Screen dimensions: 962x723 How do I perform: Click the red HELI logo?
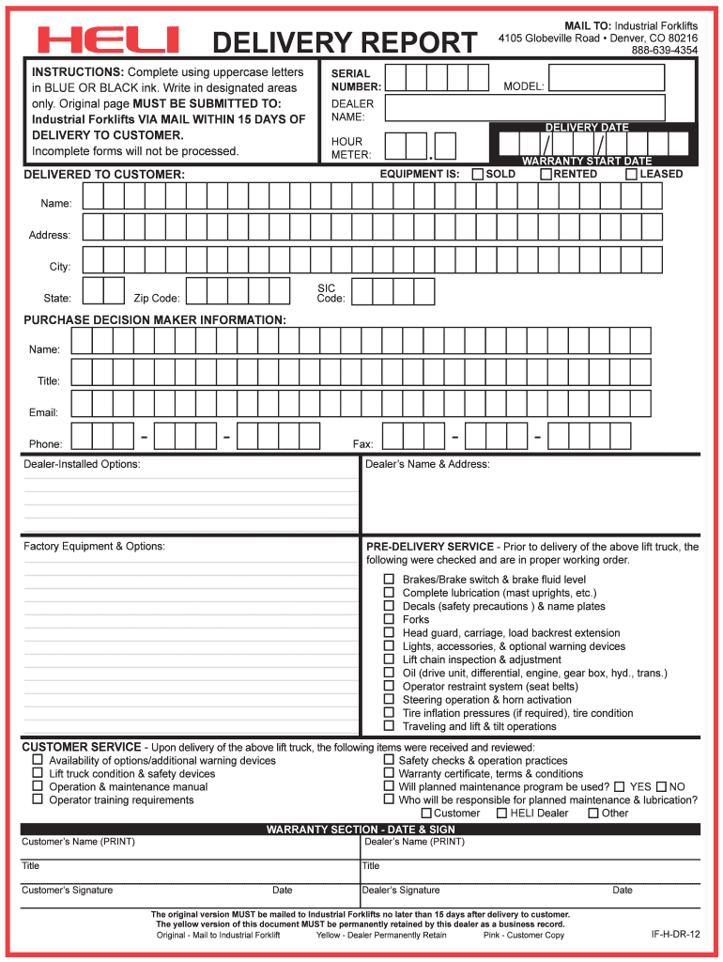[x=108, y=40]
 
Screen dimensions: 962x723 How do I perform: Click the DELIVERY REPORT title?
[x=345, y=43]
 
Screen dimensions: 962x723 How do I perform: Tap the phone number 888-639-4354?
[x=664, y=51]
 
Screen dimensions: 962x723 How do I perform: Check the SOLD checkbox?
[x=478, y=175]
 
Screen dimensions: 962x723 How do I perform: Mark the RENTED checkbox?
[x=546, y=175]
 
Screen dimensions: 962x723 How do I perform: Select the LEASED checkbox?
[x=632, y=175]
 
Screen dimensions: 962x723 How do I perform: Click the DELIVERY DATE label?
[x=587, y=127]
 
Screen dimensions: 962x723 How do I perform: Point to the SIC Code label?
[x=331, y=293]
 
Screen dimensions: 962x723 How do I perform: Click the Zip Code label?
[x=157, y=299]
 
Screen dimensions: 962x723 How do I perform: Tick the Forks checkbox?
[x=389, y=619]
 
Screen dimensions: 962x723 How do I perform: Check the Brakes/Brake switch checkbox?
[x=389, y=580]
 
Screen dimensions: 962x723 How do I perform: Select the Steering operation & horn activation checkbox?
[x=389, y=700]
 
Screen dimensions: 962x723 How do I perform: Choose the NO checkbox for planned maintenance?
[x=661, y=786]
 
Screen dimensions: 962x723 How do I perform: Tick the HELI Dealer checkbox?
[x=501, y=813]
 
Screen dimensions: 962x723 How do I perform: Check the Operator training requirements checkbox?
[x=38, y=799]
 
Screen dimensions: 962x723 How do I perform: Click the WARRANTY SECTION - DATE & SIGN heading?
[x=361, y=830]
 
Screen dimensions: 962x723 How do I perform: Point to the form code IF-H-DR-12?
[x=675, y=935]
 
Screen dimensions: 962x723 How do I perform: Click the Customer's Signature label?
[x=68, y=890]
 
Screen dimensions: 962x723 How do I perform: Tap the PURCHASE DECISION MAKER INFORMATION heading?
[x=155, y=320]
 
